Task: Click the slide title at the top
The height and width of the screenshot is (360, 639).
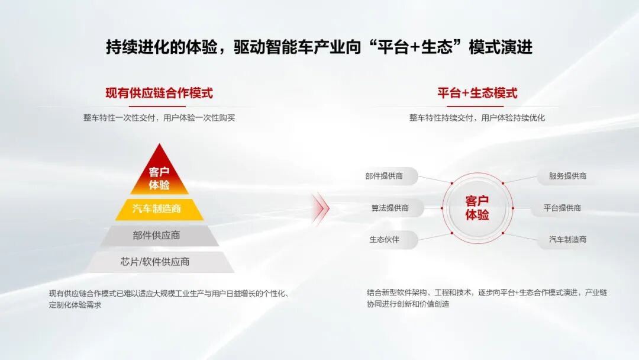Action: point(319,47)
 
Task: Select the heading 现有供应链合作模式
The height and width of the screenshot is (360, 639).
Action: point(159,93)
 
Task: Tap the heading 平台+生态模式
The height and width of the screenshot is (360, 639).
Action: point(477,93)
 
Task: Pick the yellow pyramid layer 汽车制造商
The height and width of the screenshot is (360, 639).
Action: point(159,209)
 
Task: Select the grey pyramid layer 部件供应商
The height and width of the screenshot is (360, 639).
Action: point(159,235)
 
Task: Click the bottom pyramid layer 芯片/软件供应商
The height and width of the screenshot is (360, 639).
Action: point(159,261)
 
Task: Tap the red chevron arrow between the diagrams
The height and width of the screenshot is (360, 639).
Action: point(321,208)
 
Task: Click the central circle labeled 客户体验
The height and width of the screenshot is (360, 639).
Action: point(477,208)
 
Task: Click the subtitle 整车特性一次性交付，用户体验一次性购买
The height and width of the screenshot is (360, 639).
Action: point(159,118)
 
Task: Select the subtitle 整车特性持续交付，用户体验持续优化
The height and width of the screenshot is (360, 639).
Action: point(477,118)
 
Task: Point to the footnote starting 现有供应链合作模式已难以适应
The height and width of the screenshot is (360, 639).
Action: point(168,298)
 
